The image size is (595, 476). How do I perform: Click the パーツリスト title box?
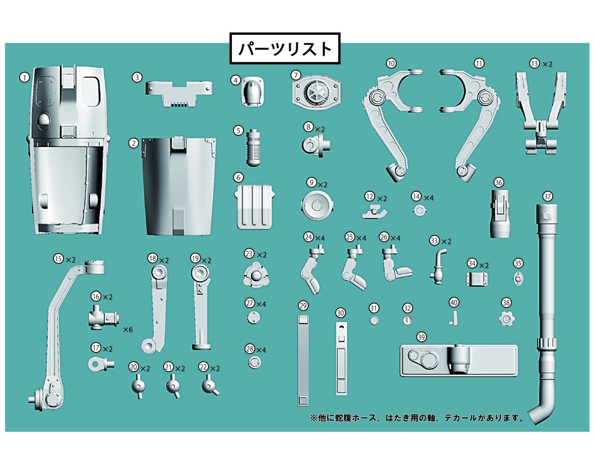click(x=285, y=48)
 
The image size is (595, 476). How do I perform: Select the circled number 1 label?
click(x=24, y=76)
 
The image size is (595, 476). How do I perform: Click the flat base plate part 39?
click(x=458, y=360)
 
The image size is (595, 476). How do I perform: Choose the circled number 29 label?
click(x=302, y=306)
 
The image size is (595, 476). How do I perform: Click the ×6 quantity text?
click(x=127, y=330)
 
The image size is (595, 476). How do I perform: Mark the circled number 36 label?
click(x=499, y=182)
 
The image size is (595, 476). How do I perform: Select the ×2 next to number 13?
click(x=547, y=64)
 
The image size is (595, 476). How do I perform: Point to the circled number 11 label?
click(x=479, y=63)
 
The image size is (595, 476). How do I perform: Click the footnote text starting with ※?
click(x=417, y=418)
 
